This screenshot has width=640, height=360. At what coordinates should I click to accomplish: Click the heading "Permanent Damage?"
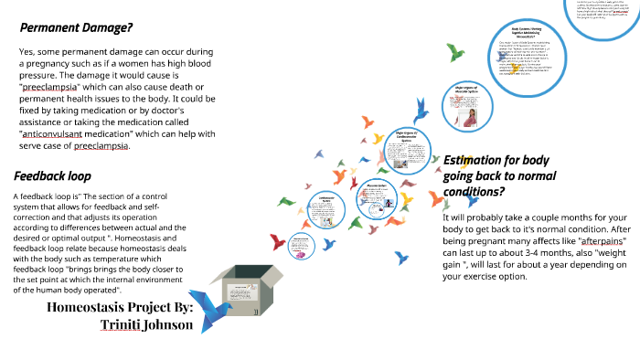(x=78, y=27)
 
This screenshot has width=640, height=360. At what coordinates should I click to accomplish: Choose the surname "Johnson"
(x=170, y=324)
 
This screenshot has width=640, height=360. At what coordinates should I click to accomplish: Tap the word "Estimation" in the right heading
(x=481, y=159)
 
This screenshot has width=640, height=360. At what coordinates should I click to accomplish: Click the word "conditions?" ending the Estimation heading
(x=475, y=191)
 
